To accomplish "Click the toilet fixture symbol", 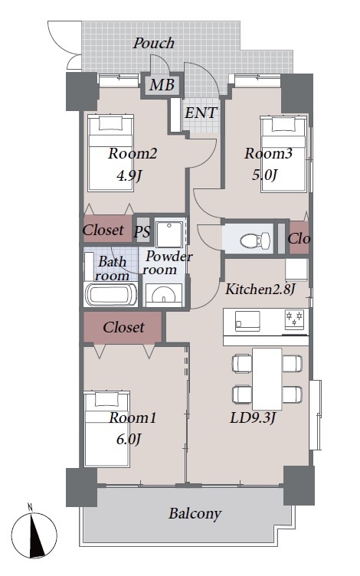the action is [x=255, y=240].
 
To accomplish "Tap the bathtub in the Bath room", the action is [x=110, y=294].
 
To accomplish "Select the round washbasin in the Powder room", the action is [x=164, y=295].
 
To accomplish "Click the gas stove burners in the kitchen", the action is [x=295, y=319].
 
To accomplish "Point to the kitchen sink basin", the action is [x=247, y=322].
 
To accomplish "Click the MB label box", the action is [x=162, y=85].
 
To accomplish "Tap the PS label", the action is [x=142, y=232].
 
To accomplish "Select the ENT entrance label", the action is [x=201, y=113].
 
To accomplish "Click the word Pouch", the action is [x=153, y=43].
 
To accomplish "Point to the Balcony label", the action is [x=195, y=513].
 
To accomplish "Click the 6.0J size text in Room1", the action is [x=129, y=439].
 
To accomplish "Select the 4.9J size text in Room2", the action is [x=129, y=176].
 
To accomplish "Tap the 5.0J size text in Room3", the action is [x=264, y=175].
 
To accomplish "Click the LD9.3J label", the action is [x=253, y=417].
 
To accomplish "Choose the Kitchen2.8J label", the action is [x=260, y=289].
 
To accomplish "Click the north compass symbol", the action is [x=34, y=535].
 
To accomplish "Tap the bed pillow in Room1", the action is [x=107, y=399].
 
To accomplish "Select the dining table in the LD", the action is [x=267, y=378].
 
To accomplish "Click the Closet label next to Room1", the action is [x=123, y=327].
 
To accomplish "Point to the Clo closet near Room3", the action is [x=299, y=238].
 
